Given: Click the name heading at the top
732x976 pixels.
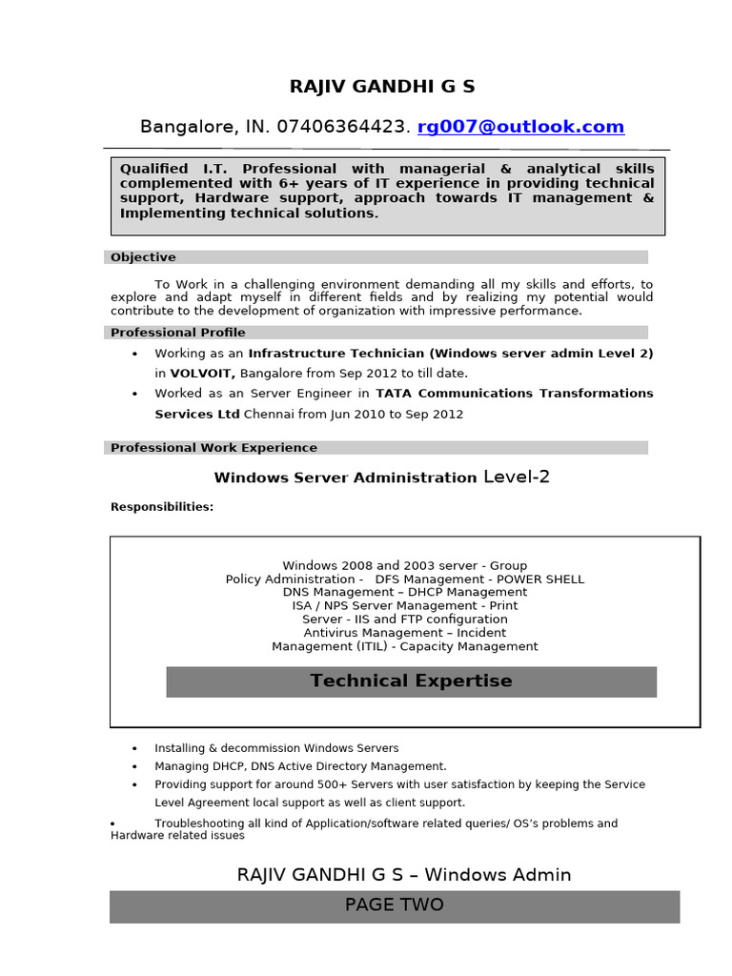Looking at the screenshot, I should point(381,87).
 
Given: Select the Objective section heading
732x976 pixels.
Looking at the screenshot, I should point(143,257).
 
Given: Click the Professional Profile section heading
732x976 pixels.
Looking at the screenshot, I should point(177,333).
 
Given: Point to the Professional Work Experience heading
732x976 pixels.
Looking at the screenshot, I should point(213,448).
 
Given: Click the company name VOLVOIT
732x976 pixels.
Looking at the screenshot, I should point(202,374).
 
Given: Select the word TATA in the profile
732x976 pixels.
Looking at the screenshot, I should point(395,393).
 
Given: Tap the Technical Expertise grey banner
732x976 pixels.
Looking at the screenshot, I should point(411,681).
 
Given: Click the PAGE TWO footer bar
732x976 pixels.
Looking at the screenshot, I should point(394,905).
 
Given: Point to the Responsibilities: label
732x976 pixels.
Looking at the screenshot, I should point(162,507).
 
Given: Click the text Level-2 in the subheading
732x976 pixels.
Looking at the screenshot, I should point(517,478).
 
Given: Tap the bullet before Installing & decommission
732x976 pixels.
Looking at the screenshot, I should point(134,749).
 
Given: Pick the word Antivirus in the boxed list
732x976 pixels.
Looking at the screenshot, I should point(333,633).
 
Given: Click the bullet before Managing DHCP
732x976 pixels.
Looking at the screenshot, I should point(134,767).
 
